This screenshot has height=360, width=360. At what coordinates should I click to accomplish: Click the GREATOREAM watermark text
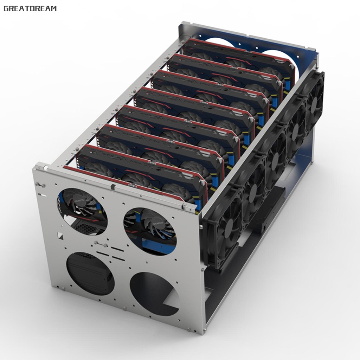click(x=30, y=8)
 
